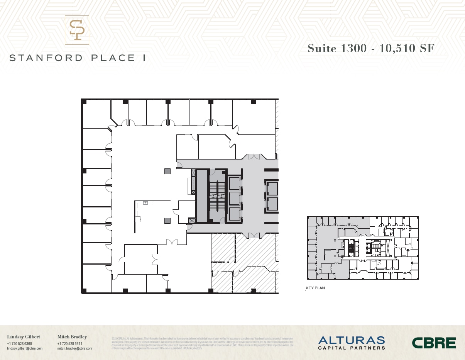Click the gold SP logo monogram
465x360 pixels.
[77, 30]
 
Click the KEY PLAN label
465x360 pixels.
[315, 288]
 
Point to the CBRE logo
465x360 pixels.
[434, 343]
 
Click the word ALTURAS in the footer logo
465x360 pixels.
[351, 340]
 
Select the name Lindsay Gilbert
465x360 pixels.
[24, 337]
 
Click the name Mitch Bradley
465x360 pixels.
[72, 337]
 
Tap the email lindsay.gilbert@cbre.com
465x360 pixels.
[25, 348]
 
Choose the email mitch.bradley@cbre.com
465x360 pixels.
[75, 348]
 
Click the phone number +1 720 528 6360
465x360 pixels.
[19, 343]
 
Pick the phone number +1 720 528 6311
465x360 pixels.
[70, 343]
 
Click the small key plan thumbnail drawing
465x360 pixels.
[362, 248]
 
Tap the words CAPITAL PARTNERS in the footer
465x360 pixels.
[351, 348]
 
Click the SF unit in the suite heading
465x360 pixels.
[427, 49]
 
